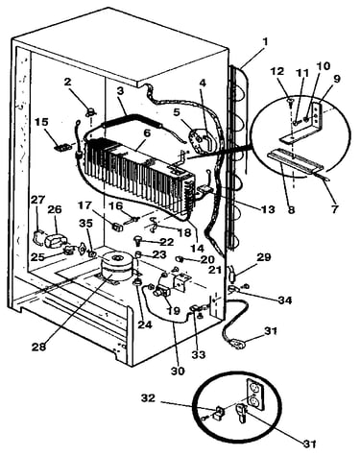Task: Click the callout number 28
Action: coord(39,348)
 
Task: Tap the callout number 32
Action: coord(148,398)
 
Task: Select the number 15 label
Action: coord(42,122)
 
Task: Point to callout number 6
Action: coord(147,133)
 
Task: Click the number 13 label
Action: coord(268,209)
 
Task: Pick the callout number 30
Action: coord(178,371)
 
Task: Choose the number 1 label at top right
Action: coord(264,42)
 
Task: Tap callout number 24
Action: coord(146,324)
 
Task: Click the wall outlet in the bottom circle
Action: coord(255,395)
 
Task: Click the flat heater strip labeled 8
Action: coord(295,159)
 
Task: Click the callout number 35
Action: coord(85,224)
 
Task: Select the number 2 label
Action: coord(67,82)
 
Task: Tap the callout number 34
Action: coord(284,300)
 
